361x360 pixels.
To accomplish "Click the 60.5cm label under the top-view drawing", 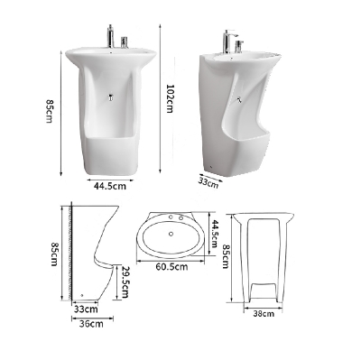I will click(x=169, y=267).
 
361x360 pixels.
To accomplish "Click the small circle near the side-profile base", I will click(x=82, y=294).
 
